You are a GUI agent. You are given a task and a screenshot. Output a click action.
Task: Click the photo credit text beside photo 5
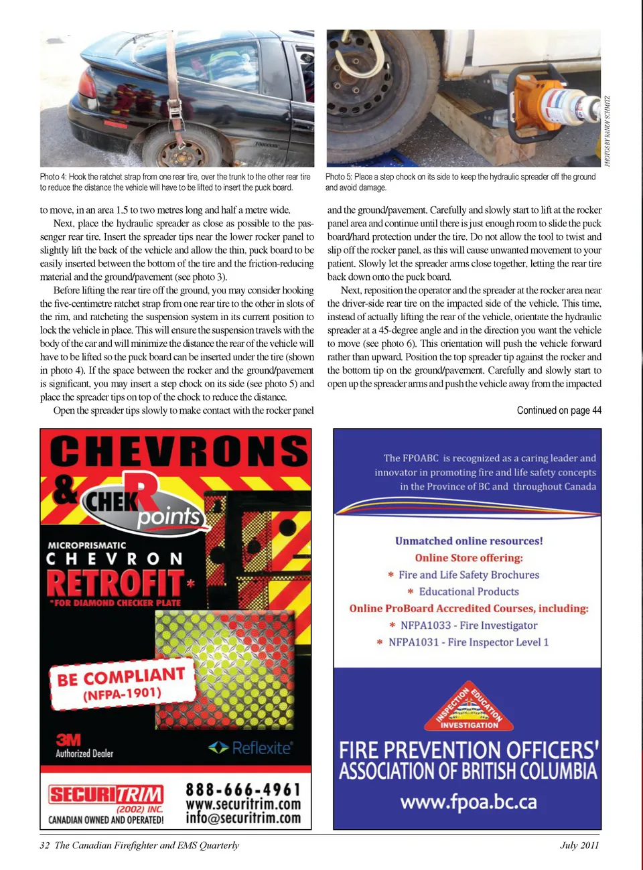coord(607,131)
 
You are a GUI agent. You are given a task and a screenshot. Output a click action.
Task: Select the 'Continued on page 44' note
coord(559,410)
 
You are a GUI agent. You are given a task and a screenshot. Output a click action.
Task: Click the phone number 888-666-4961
coord(243,790)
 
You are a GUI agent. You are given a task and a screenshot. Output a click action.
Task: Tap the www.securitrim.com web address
coord(243,804)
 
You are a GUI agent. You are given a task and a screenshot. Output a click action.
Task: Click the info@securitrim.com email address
coord(243,818)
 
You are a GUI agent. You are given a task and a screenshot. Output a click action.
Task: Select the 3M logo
coord(68,739)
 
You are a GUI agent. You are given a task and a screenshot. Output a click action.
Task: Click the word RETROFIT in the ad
coord(115,582)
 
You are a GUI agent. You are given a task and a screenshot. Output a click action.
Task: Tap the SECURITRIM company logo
coord(106,795)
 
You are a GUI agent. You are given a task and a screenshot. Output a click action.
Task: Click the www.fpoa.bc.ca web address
coord(468,802)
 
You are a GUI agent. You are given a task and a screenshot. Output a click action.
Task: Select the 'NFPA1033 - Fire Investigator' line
coord(468,625)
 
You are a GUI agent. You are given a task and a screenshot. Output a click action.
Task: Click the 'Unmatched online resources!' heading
coord(468,540)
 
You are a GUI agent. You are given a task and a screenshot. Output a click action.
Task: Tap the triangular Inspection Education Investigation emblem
coord(469,708)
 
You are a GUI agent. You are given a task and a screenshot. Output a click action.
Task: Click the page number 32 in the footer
coord(44,845)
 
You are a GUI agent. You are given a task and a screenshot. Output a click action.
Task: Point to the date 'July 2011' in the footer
coord(579,845)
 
